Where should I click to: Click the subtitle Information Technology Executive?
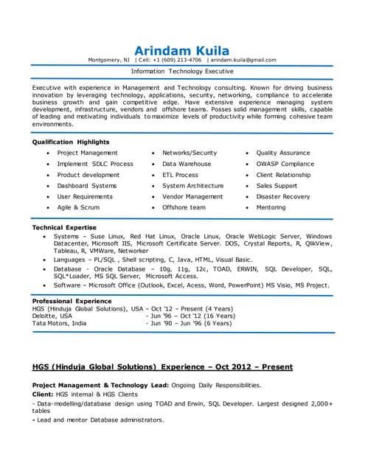(182, 72)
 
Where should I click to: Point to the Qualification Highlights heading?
(71, 142)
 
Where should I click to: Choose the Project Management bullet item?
(87, 153)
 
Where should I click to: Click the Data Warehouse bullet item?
(187, 164)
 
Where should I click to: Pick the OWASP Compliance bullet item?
(285, 164)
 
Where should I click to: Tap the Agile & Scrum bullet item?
(78, 207)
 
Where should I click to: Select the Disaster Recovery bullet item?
(283, 197)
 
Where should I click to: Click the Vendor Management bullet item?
(192, 197)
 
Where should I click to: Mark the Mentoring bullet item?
(271, 207)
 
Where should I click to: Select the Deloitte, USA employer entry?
(52, 315)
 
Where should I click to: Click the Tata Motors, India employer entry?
(59, 323)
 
